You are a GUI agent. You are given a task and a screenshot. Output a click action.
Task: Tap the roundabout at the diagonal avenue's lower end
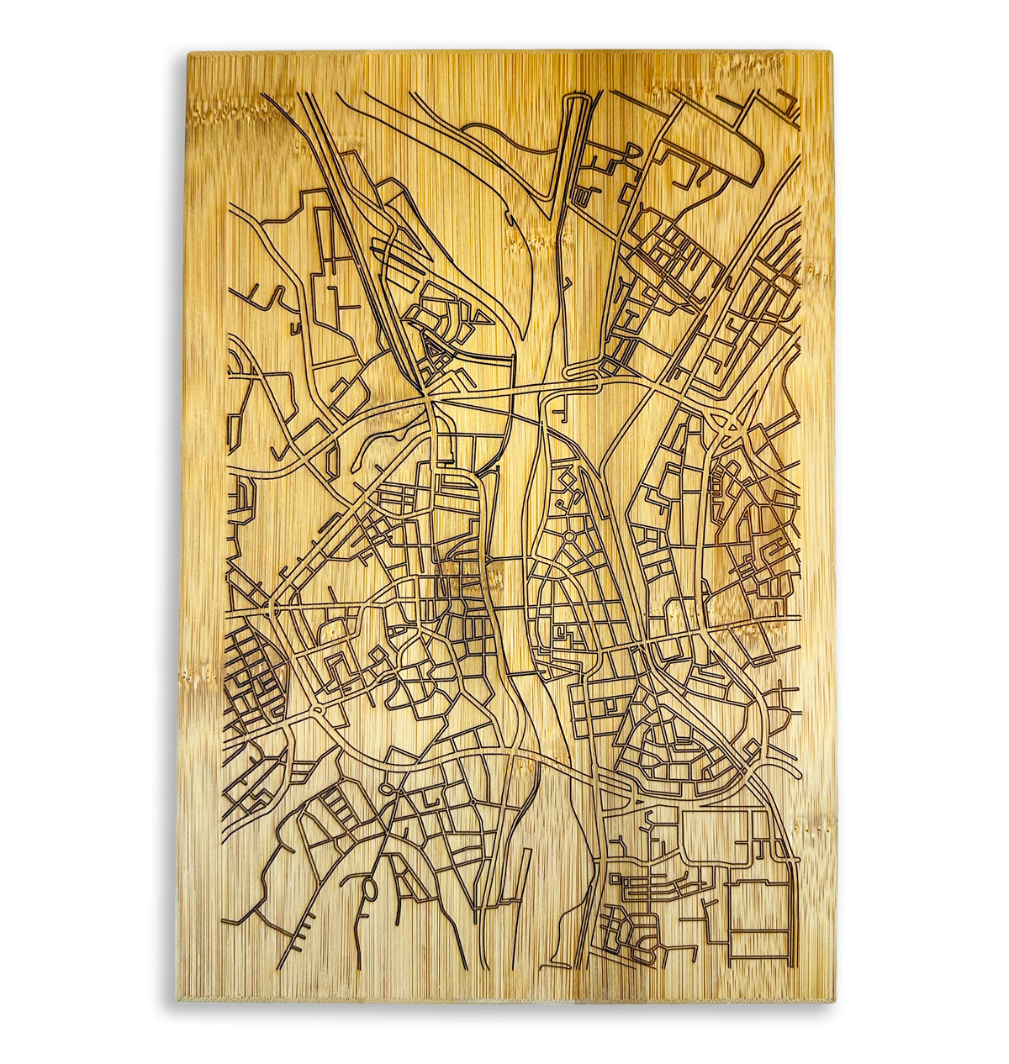pyautogui.click(x=318, y=712)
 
